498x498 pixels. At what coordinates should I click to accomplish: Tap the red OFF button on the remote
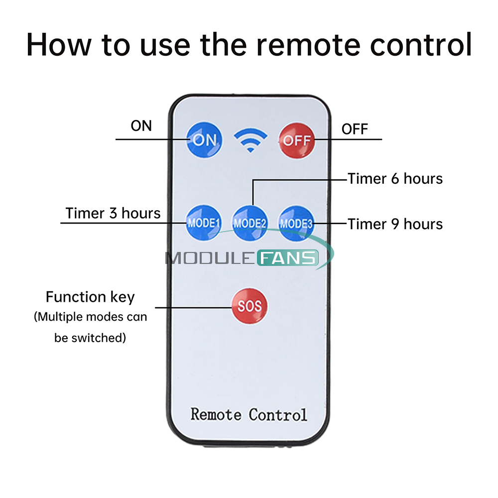point(297,140)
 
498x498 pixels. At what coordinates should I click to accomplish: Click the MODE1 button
point(203,223)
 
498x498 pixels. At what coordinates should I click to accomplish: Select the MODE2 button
point(250,223)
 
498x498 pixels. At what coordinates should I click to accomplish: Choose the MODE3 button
point(296,223)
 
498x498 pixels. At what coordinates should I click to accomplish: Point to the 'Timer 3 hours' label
point(113,214)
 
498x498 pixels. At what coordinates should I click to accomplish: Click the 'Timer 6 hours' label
point(395,179)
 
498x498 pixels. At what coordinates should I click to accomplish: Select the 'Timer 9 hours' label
point(395,224)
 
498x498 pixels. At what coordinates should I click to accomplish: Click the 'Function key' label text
point(90,297)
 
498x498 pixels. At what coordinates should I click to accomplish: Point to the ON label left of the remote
point(141,126)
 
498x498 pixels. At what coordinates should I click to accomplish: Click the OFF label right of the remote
point(355,129)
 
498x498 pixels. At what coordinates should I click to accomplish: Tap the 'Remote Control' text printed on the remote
point(249,414)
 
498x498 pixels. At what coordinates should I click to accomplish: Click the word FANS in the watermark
point(288,258)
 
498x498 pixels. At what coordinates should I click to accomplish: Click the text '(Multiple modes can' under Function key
point(90,317)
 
